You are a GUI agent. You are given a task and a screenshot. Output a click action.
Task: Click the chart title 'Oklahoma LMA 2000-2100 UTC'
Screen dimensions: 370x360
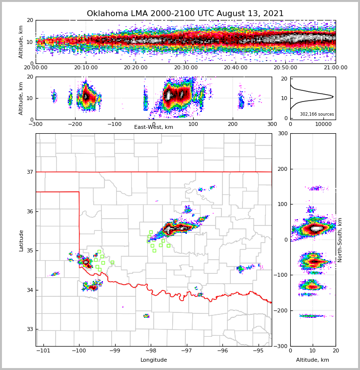(x=185, y=14)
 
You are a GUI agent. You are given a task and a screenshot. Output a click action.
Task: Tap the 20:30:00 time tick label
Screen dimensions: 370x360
(x=186, y=68)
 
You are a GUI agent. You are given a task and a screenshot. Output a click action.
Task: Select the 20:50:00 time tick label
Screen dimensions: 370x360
(x=285, y=68)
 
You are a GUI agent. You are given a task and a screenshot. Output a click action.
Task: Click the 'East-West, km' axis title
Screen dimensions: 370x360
(x=154, y=127)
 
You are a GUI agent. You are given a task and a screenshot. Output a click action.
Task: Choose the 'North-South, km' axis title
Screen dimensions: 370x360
(x=340, y=240)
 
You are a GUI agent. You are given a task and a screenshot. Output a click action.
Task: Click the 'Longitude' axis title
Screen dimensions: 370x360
(x=154, y=360)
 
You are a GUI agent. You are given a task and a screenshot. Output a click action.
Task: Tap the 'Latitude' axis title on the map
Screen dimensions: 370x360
(x=21, y=240)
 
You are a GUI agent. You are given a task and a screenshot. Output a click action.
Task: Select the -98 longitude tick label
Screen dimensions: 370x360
(x=151, y=351)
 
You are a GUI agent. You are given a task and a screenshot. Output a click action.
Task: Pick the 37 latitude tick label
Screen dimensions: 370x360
(x=30, y=172)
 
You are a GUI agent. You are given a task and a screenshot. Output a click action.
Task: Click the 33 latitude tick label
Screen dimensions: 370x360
(x=30, y=329)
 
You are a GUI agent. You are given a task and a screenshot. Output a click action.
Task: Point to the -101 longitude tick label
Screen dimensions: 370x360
(x=43, y=351)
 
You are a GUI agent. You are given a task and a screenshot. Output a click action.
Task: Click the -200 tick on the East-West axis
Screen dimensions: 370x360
(x=75, y=124)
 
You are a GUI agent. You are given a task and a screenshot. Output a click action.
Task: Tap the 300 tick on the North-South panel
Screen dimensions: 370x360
(x=282, y=134)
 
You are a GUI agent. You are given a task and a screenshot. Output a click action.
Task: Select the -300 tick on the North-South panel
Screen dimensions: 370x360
(x=281, y=346)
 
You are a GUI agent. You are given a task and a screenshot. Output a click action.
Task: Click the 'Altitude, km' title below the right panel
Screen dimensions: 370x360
(x=313, y=360)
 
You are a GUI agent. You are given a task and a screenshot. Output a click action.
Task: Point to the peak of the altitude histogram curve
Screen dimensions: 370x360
(x=333, y=97)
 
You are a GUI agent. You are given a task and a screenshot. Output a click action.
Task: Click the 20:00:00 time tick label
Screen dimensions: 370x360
(x=36, y=68)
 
